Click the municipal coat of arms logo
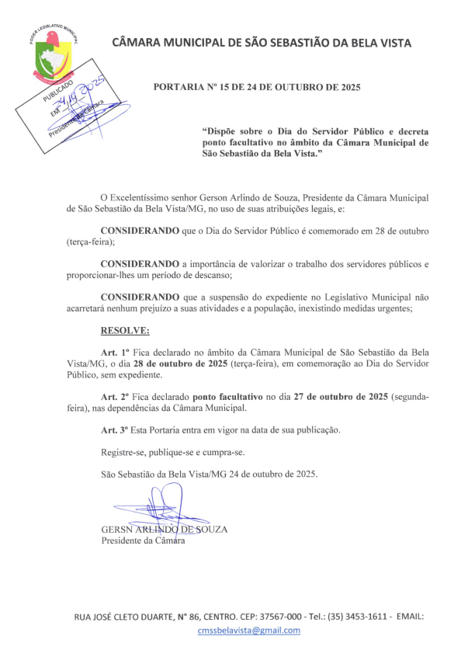coord(47,54)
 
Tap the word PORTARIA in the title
coord(181,87)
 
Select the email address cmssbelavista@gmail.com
coord(248,630)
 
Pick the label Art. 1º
coord(115,352)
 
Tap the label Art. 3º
coord(115,429)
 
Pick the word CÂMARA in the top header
coord(139,43)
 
